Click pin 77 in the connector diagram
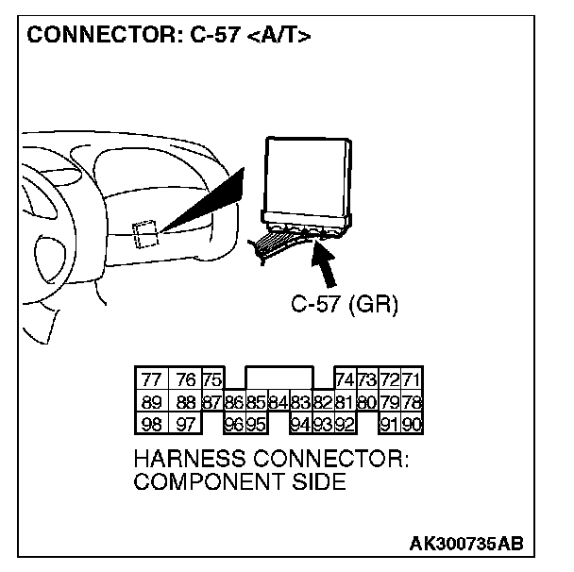pos(151,380)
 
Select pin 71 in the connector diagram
pos(412,380)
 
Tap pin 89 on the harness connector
pos(151,402)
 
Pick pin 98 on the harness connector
pos(151,424)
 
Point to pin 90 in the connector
pos(412,424)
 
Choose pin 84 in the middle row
pos(278,402)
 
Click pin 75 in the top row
pos(212,380)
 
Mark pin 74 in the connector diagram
pos(345,380)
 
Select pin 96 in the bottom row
pos(234,424)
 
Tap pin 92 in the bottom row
pos(345,424)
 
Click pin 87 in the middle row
pos(212,402)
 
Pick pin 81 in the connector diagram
pos(345,402)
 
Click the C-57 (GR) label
pos(345,305)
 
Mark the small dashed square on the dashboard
pos(144,233)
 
